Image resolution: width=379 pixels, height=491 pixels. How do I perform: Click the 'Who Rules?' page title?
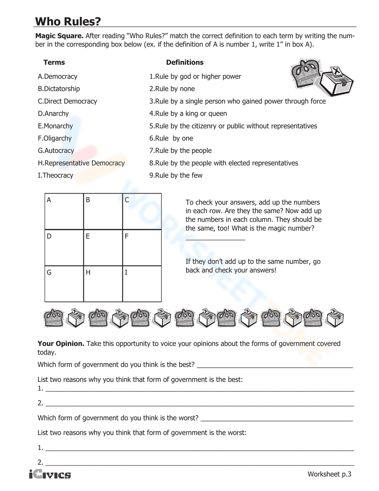click(x=68, y=21)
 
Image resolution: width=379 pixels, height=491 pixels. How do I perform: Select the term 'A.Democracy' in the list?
click(x=58, y=77)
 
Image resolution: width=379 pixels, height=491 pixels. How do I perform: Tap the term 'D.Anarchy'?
click(x=53, y=114)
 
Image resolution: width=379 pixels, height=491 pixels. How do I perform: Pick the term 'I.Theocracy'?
click(x=55, y=176)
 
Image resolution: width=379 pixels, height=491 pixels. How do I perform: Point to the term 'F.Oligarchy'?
click(x=55, y=138)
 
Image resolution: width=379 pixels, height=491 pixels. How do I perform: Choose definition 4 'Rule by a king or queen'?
click(x=188, y=114)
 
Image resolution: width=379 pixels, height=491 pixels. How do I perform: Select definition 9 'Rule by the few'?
click(x=176, y=176)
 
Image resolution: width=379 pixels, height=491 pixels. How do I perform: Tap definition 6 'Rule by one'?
click(x=171, y=138)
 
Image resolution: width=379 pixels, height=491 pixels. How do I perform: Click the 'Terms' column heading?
click(x=54, y=63)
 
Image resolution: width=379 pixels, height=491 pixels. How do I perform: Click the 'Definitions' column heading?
click(x=185, y=63)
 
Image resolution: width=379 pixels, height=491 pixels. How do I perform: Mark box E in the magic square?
click(x=103, y=248)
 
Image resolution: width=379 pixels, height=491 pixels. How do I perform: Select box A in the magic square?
click(x=64, y=211)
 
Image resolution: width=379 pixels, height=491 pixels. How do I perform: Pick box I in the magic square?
click(x=142, y=284)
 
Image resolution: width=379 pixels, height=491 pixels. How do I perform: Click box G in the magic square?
click(x=64, y=284)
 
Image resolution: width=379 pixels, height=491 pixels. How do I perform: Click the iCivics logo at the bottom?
click(x=50, y=475)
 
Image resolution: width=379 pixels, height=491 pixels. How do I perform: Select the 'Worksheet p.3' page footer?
click(x=329, y=474)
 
